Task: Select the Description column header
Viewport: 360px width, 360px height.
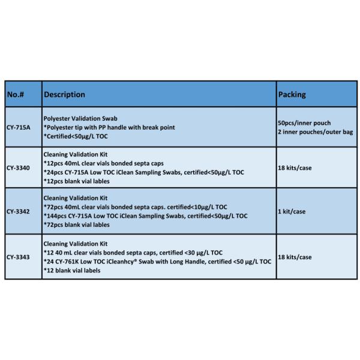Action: point(64,94)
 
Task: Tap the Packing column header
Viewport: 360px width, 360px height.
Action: point(292,94)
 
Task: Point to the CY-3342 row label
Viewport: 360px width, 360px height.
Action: point(20,212)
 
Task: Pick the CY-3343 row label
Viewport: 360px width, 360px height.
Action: point(20,257)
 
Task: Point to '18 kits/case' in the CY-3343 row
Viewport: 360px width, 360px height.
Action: point(295,257)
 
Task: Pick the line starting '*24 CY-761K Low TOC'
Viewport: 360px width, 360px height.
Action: point(157,261)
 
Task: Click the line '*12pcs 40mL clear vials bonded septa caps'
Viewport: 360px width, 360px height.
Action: point(104,163)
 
